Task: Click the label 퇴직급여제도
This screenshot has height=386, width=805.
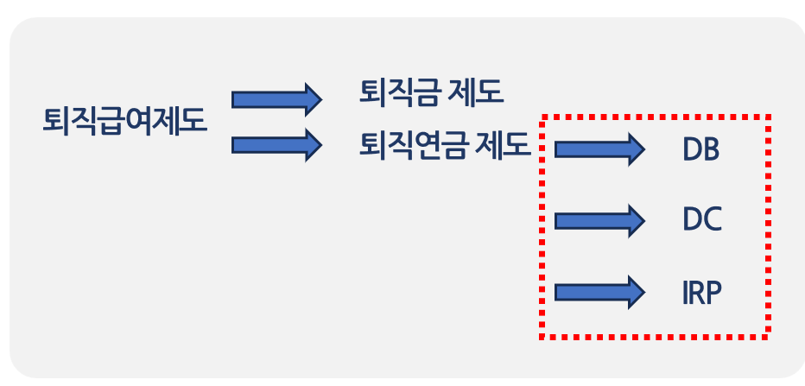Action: (125, 120)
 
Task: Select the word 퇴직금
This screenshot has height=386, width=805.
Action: (393, 92)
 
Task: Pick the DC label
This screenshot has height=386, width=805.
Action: (700, 220)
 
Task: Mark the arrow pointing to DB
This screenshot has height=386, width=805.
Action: (599, 149)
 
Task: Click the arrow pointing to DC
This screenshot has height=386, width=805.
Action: (599, 221)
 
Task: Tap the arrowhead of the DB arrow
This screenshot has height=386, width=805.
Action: (633, 149)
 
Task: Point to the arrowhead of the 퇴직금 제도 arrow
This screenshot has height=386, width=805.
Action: (310, 98)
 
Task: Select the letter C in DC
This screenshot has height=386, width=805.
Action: (711, 220)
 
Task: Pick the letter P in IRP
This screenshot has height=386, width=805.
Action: (712, 293)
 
